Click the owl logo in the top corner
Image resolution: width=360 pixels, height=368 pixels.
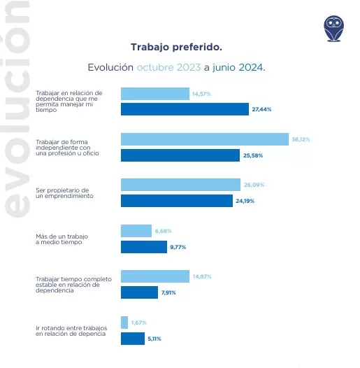click(333, 27)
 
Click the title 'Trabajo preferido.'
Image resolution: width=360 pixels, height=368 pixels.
click(176, 47)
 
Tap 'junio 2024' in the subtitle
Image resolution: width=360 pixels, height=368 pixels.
click(238, 68)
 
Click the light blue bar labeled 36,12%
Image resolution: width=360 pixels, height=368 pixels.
click(205, 139)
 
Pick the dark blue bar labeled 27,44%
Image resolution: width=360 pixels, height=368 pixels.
click(185, 109)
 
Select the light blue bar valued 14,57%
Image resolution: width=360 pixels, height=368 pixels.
click(155, 94)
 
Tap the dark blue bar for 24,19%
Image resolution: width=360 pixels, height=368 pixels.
click(177, 201)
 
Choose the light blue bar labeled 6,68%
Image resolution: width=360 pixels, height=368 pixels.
click(136, 231)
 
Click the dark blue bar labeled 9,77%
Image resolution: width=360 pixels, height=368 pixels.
click(143, 246)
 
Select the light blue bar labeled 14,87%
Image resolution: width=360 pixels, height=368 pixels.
click(155, 276)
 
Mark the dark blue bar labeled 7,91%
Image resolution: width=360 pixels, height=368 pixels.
click(139, 292)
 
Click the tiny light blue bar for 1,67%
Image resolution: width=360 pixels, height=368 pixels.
click(124, 323)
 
